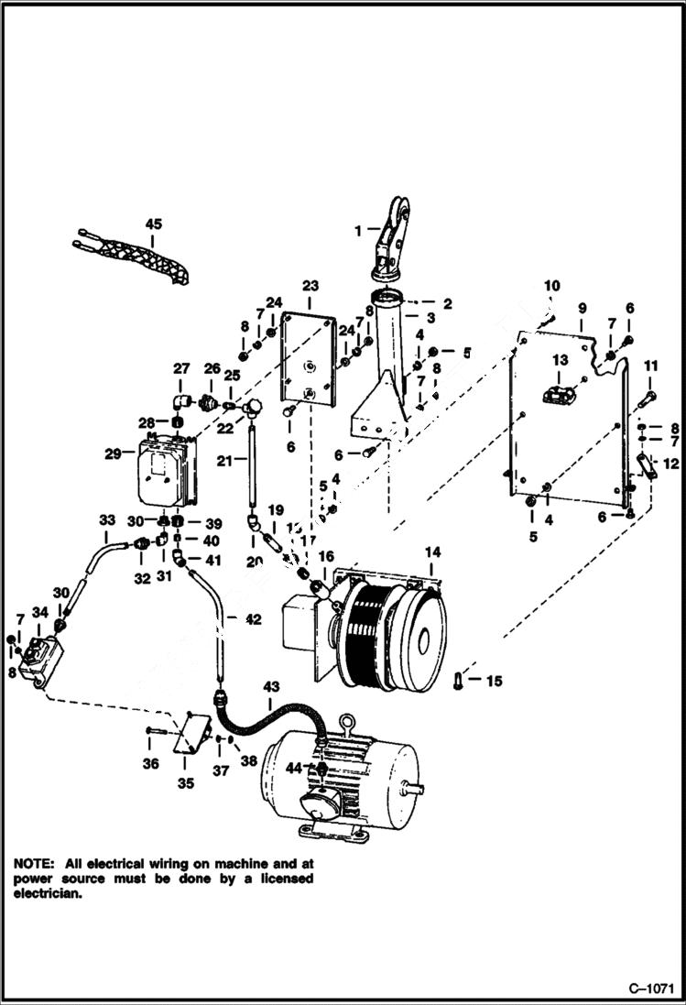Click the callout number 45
(152, 223)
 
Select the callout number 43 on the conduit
(272, 687)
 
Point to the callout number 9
(581, 308)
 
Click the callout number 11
(651, 366)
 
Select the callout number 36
(151, 762)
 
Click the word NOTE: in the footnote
(34, 863)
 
